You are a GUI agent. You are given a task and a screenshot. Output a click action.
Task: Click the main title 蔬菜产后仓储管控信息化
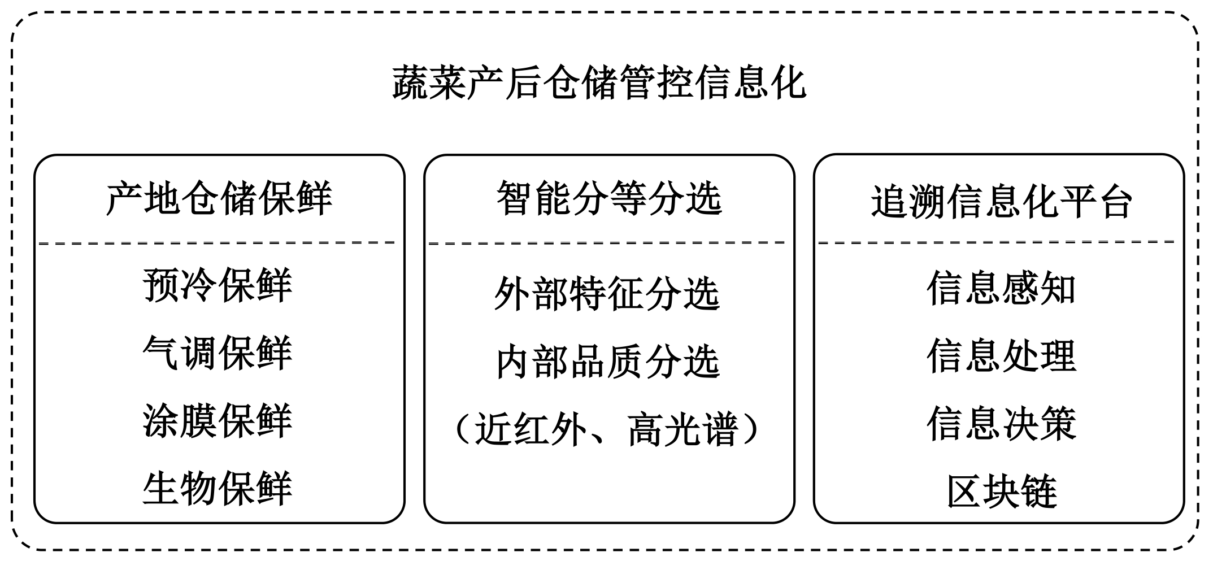tap(599, 83)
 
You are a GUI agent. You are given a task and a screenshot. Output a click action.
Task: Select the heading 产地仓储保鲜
tap(219, 199)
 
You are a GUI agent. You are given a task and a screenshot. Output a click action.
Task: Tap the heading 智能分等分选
tap(609, 199)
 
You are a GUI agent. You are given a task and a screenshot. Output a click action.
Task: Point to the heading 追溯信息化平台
tap(1001, 202)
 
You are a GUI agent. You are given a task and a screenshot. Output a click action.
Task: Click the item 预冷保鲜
tap(218, 285)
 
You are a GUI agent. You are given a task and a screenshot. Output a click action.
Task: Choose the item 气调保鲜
tap(218, 353)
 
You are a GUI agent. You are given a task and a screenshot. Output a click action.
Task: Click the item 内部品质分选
tap(607, 362)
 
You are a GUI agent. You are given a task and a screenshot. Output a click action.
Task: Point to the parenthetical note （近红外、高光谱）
tap(607, 430)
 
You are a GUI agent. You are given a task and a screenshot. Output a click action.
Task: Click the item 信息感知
tap(1001, 289)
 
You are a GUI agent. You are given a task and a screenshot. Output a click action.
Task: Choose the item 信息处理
tap(1001, 356)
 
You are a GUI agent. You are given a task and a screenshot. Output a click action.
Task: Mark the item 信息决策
tap(1001, 424)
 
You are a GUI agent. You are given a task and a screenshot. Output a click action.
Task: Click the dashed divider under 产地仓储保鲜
tap(218, 243)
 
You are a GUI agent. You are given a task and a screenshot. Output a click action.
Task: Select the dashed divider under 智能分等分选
tap(607, 243)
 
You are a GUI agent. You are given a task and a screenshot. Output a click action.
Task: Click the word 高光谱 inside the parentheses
tap(683, 430)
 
